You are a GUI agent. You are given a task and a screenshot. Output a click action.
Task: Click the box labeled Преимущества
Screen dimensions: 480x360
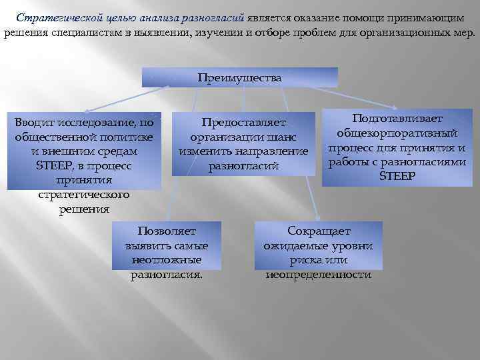[x=240, y=77]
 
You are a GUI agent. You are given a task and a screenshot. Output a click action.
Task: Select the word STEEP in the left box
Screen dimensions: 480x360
[x=55, y=166]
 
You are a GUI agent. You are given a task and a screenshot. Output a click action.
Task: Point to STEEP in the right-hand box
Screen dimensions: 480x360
[x=397, y=176]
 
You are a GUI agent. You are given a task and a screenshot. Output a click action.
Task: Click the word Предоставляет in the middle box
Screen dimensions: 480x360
[x=243, y=123]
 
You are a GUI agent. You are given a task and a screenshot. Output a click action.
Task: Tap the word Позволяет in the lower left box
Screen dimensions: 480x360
[x=167, y=231]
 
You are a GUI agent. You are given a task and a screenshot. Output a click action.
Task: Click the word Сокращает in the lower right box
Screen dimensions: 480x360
[x=319, y=231]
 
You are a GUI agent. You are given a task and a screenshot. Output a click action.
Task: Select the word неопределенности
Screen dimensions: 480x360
[x=319, y=274]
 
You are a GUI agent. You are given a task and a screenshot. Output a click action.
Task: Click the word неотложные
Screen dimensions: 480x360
[x=167, y=259]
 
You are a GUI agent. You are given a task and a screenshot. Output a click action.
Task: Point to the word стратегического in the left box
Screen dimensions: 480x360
[x=83, y=195]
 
